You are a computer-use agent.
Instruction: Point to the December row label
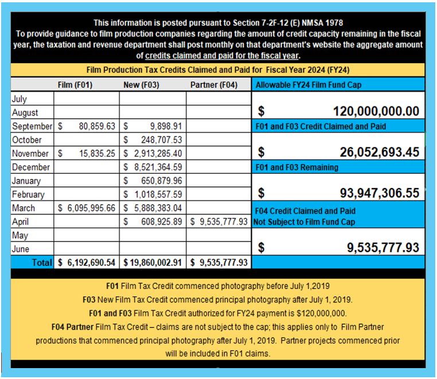pyautogui.click(x=31, y=167)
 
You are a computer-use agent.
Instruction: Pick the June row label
pyautogui.click(x=21, y=249)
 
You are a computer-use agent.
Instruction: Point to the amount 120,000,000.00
pyautogui.click(x=376, y=111)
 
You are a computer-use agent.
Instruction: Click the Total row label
pyautogui.click(x=44, y=263)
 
